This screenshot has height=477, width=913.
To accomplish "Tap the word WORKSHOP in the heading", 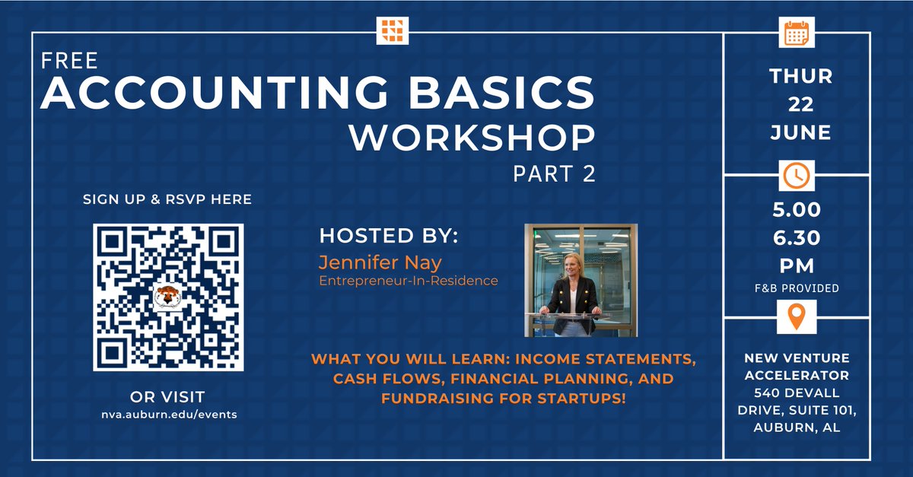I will tap(471, 138).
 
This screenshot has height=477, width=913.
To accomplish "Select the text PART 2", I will tap(553, 173).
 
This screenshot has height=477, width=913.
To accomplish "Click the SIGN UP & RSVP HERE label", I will tap(167, 200).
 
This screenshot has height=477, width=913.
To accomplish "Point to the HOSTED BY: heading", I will tap(390, 236).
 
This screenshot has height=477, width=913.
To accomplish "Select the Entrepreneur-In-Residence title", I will tap(409, 281).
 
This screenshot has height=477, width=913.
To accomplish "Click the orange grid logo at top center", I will tap(393, 30).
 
